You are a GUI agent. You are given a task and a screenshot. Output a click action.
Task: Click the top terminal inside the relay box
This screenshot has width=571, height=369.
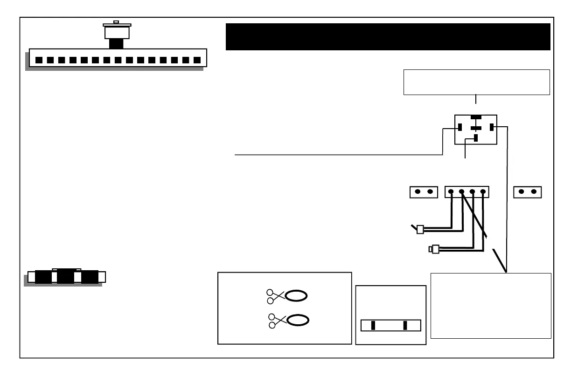475,117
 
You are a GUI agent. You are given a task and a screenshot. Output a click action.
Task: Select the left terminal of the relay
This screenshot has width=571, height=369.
460,127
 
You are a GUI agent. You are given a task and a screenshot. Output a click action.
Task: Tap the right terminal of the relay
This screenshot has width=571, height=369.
491,127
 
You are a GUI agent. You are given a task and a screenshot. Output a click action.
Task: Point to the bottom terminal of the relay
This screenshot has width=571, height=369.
475,138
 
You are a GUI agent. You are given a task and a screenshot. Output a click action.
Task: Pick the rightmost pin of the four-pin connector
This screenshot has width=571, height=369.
483,191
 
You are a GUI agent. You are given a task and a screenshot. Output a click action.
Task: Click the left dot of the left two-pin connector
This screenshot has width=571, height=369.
418,191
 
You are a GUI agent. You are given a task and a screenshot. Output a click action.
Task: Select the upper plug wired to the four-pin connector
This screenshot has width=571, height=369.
419,229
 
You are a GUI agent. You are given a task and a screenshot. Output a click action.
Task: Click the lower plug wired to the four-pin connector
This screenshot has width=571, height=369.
435,249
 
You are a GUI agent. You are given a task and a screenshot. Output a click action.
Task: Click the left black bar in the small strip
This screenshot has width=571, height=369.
373,325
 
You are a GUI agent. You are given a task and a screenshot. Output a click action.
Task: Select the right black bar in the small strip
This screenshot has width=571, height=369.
405,325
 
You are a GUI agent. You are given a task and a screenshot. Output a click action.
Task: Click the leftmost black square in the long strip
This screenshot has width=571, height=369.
39,60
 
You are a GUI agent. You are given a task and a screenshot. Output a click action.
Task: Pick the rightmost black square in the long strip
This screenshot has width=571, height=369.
197,60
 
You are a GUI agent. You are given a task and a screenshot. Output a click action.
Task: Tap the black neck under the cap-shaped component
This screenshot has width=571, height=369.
116,43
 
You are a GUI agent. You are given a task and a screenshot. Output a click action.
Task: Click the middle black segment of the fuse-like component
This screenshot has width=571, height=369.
65,277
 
